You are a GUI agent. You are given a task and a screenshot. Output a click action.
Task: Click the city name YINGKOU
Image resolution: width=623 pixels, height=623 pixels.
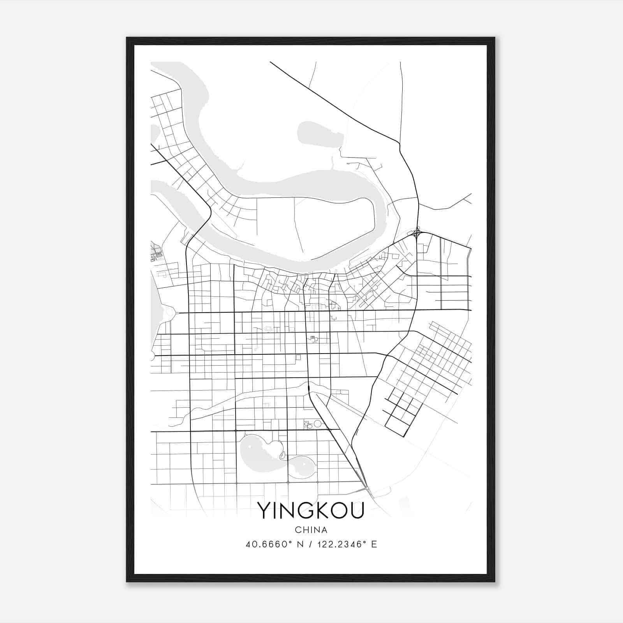311,510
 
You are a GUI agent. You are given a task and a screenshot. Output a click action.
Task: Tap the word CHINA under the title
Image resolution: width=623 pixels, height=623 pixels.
311,530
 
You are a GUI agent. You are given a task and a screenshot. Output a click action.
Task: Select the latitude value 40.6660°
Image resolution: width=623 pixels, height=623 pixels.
269,544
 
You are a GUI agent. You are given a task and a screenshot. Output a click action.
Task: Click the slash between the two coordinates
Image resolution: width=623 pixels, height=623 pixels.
310,544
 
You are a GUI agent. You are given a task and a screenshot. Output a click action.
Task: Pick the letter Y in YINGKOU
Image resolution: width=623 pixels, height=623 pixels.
263,510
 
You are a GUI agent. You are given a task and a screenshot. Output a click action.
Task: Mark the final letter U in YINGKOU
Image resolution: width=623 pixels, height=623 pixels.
356,510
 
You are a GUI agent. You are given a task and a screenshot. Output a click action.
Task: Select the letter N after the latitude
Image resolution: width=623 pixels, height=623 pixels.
301,544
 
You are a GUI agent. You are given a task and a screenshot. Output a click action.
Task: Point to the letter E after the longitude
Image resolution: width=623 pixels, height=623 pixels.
374,544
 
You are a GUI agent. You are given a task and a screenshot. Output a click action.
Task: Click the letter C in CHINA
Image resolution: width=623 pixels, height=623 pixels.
297,530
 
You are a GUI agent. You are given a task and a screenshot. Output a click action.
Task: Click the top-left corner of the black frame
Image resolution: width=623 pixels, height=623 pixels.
127,38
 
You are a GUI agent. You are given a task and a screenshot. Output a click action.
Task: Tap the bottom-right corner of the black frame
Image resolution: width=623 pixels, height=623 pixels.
494,581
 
